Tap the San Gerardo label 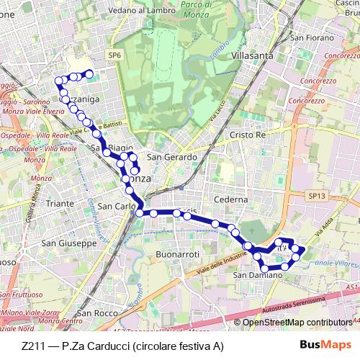tap(171, 157)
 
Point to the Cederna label tap(232, 199)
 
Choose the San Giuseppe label tap(68, 243)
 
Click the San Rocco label tap(97, 313)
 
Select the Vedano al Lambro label tap(145, 12)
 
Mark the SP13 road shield tap(315, 195)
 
